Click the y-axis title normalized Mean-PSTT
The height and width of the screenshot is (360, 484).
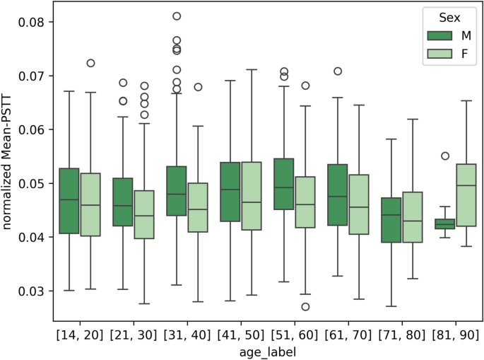10,156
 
